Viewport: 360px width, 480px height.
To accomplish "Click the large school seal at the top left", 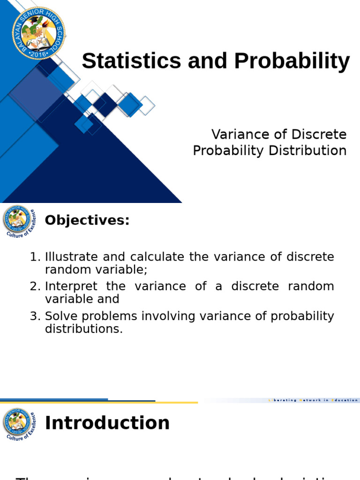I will [38, 33].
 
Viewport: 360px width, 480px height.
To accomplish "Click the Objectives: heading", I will [87, 220].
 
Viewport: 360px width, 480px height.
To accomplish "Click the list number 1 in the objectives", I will [34, 257].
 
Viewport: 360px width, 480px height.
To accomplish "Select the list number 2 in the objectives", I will [34, 286].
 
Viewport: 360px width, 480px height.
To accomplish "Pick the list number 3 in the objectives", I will [34, 316].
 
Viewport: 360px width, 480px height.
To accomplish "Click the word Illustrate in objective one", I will [71, 257].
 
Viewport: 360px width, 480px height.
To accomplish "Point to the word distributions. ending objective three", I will [84, 329].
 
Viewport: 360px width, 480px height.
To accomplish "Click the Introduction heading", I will [107, 423].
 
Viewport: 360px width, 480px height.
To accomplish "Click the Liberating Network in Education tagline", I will [313, 400].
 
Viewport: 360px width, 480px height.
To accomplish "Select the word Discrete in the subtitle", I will [319, 135].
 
